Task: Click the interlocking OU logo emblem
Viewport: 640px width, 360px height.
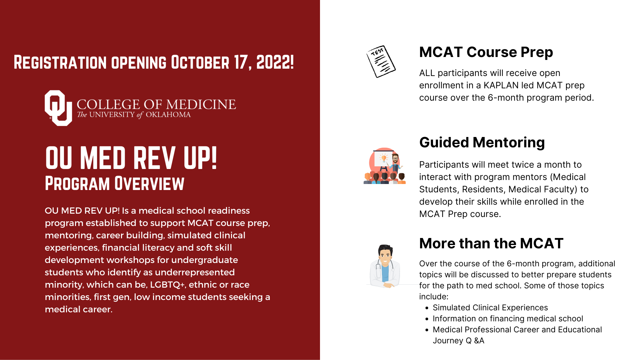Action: tap(58, 108)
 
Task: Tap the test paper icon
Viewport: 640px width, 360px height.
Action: tap(381, 62)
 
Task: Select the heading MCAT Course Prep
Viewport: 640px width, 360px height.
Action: tap(486, 52)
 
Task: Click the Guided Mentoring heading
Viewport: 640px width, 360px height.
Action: tap(482, 143)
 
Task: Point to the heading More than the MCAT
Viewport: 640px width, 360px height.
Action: tap(491, 244)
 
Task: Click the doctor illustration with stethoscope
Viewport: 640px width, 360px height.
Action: tap(385, 266)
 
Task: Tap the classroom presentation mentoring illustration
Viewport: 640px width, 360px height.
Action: tap(385, 166)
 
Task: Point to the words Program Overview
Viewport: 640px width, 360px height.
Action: tap(114, 184)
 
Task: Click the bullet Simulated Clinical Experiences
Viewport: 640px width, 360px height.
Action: tap(490, 308)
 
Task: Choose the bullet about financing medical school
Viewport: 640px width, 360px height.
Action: tap(508, 319)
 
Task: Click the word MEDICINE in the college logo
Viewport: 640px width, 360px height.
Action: tap(201, 105)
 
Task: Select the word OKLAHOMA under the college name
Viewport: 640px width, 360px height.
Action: tap(168, 115)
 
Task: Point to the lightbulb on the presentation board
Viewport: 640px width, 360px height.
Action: tap(384, 158)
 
